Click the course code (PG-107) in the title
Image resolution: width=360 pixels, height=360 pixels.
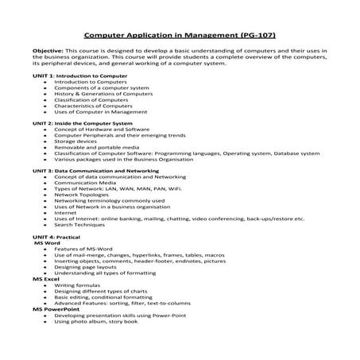(253, 35)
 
